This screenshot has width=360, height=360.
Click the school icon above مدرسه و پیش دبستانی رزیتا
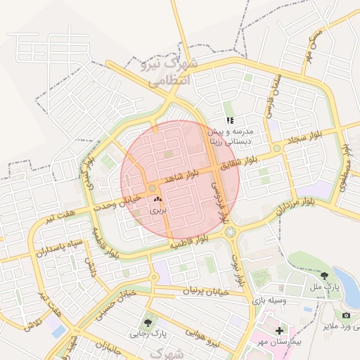pyautogui.click(x=230, y=120)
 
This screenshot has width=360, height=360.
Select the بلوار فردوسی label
pyautogui.click(x=219, y=200)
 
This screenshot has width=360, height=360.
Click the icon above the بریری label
pyautogui.click(x=157, y=200)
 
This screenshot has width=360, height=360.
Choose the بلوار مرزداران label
pyautogui.click(x=295, y=205)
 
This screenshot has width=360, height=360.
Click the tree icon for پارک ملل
pyautogui.click(x=324, y=276)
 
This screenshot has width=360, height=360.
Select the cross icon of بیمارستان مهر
pyautogui.click(x=279, y=330)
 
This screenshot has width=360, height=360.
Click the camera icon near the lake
pyautogui.click(x=345, y=316)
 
